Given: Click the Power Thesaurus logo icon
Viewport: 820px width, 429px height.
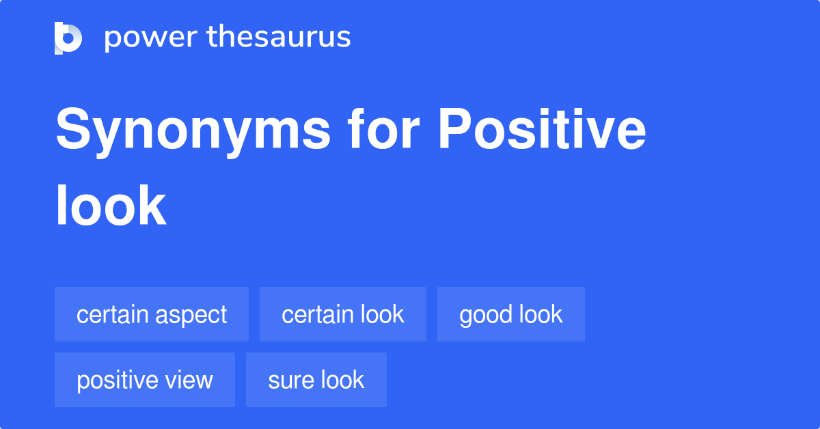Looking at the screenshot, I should (x=68, y=38).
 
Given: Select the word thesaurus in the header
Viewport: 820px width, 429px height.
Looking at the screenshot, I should (x=279, y=38).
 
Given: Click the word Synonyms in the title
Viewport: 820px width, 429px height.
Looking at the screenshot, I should (x=193, y=131).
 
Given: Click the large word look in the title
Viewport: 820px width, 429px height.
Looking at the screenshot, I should (x=111, y=206).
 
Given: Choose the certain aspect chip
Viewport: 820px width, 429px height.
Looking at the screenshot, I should (x=152, y=314).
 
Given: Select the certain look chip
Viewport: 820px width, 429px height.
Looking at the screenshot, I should (x=343, y=314).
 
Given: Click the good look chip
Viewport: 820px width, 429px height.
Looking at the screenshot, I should (x=511, y=314).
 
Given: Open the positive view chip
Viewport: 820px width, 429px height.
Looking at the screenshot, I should (x=145, y=380).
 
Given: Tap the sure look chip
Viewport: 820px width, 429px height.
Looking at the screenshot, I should (x=316, y=380).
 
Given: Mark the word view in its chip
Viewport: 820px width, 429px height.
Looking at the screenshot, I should (x=190, y=380).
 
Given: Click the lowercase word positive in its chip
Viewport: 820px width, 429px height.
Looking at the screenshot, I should (x=118, y=380).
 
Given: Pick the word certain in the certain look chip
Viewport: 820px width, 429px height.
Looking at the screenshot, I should (x=318, y=314).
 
